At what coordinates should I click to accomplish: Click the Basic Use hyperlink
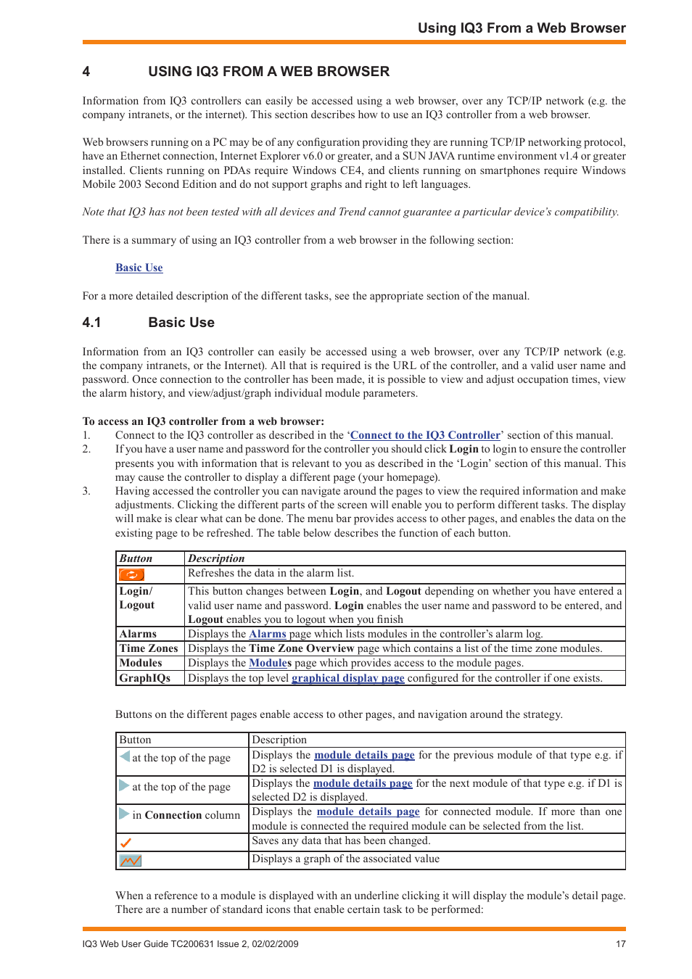[139, 268]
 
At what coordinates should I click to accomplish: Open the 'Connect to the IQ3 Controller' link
[425, 435]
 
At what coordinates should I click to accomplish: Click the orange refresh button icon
[131, 575]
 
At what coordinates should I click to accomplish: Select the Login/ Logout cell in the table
[137, 598]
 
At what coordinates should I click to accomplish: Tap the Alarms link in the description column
[268, 634]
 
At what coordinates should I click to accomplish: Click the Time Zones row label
[149, 648]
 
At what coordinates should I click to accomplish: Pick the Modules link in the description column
[270, 663]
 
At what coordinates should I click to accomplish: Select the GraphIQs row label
[145, 678]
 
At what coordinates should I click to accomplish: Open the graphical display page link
[347, 678]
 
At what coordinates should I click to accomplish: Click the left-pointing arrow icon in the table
[125, 756]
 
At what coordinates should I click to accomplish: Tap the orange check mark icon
[125, 843]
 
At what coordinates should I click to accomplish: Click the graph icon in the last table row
[131, 861]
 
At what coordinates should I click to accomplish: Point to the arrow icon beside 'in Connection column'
[124, 814]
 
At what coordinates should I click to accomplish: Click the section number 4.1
[91, 323]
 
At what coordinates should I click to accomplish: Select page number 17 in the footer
[620, 944]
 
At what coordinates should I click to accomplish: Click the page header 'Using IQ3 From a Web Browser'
[521, 28]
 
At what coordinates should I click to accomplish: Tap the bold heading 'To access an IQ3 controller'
[203, 421]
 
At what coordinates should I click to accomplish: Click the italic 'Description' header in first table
[216, 558]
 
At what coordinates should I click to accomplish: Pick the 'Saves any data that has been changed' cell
[341, 841]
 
